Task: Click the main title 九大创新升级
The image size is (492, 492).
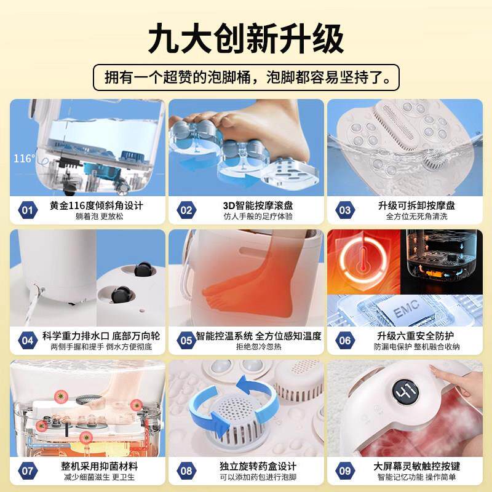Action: [246, 38]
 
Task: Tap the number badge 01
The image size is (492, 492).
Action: [27, 210]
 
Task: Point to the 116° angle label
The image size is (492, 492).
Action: [24, 159]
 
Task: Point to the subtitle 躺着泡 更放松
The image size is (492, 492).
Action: [95, 216]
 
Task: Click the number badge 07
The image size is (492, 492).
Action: [27, 470]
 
